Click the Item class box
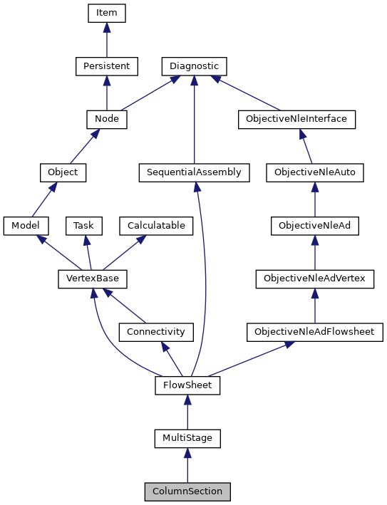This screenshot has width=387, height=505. [x=106, y=13]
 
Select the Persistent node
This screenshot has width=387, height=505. [x=106, y=66]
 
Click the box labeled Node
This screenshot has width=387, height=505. [x=106, y=119]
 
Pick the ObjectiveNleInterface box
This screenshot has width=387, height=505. [x=296, y=119]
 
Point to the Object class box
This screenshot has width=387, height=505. [x=63, y=172]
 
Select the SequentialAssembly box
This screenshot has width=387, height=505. [x=195, y=172]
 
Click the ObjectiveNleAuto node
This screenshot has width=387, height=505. [x=314, y=172]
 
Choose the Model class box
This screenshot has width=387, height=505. [x=26, y=226]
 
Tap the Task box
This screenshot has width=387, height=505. [x=84, y=226]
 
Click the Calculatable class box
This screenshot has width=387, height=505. [x=156, y=226]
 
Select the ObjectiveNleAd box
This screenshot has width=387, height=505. [x=314, y=226]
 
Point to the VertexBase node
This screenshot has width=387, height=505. [x=87, y=278]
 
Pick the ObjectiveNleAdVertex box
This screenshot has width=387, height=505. [x=314, y=278]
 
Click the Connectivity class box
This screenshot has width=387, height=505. [x=155, y=332]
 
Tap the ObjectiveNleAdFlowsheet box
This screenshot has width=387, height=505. [x=314, y=332]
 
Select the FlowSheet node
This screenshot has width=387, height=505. [x=187, y=385]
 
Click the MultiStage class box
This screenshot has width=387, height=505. [x=187, y=438]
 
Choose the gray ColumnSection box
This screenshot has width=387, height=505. [x=187, y=491]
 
